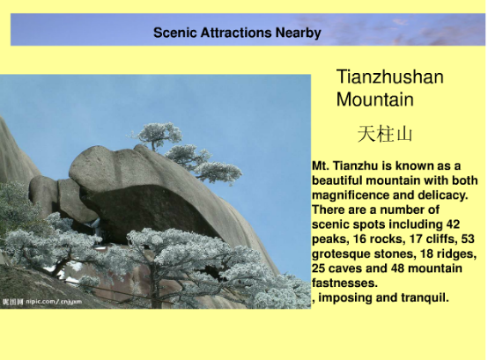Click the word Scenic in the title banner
pos(174,33)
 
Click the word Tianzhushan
pos(389,77)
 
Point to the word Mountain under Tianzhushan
pos(375,99)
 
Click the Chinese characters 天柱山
pos(385,134)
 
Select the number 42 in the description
pos(453,224)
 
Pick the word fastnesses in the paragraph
pos(344,283)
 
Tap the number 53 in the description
pos(468,239)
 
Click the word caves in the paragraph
pos(345,268)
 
